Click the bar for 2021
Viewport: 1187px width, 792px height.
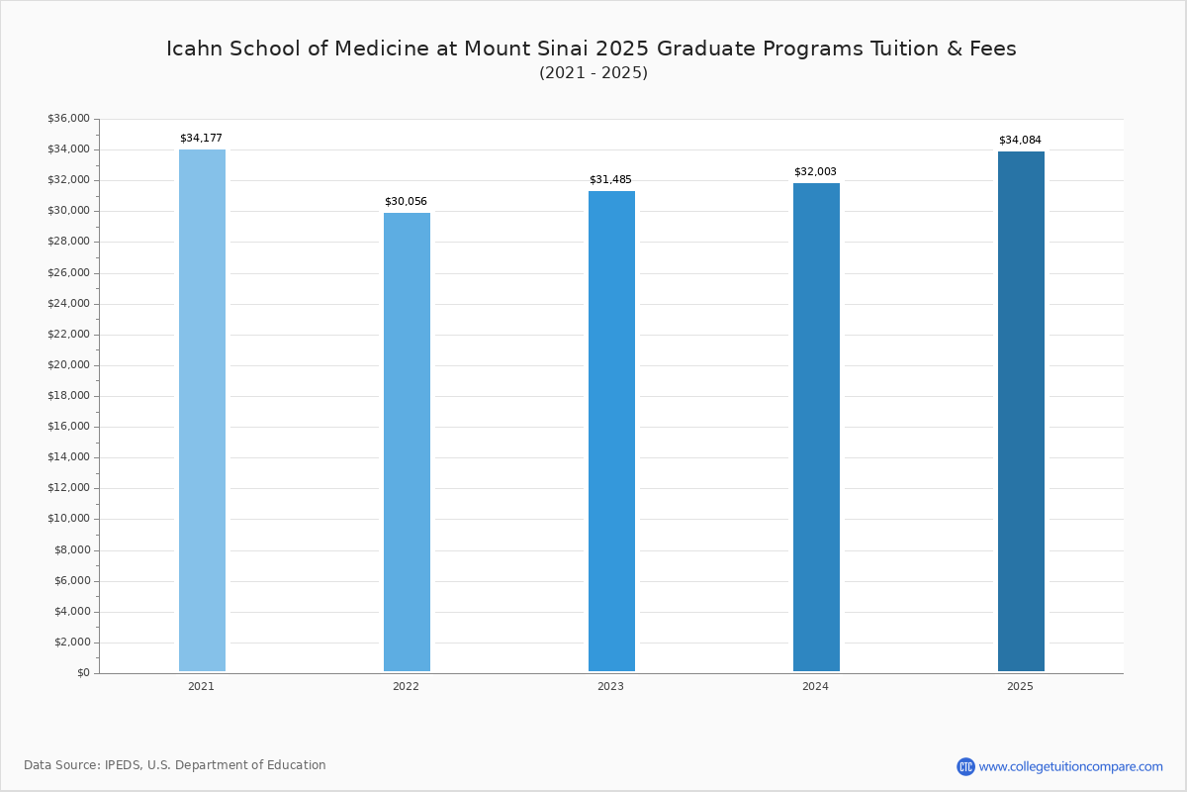[x=202, y=410]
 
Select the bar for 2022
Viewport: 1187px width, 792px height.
[x=407, y=442]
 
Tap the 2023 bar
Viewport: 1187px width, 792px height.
[x=611, y=431]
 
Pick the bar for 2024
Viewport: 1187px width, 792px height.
[x=816, y=427]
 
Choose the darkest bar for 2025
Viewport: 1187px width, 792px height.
[x=1021, y=411]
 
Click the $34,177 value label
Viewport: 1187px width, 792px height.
[x=201, y=139]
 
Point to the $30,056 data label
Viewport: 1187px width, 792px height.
[x=406, y=202]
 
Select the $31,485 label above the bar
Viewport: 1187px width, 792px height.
[x=610, y=180]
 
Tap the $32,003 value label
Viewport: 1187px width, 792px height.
[x=815, y=172]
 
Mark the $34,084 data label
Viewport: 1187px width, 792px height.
[x=1020, y=141]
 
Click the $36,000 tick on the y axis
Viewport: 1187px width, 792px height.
[x=68, y=119]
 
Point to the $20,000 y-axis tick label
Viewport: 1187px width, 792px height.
[x=68, y=365]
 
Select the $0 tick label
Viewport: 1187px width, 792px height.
[x=83, y=673]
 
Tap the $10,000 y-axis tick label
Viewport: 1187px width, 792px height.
[x=68, y=519]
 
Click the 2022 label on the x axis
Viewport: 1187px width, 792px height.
[x=406, y=687]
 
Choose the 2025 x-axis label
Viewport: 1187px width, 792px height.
[x=1020, y=687]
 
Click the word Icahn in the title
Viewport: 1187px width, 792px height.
[x=195, y=49]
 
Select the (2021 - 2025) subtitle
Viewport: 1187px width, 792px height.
[x=593, y=73]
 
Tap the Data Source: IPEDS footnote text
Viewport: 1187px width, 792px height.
[x=175, y=765]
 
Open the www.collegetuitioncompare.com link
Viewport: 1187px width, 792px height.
[x=1070, y=766]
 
